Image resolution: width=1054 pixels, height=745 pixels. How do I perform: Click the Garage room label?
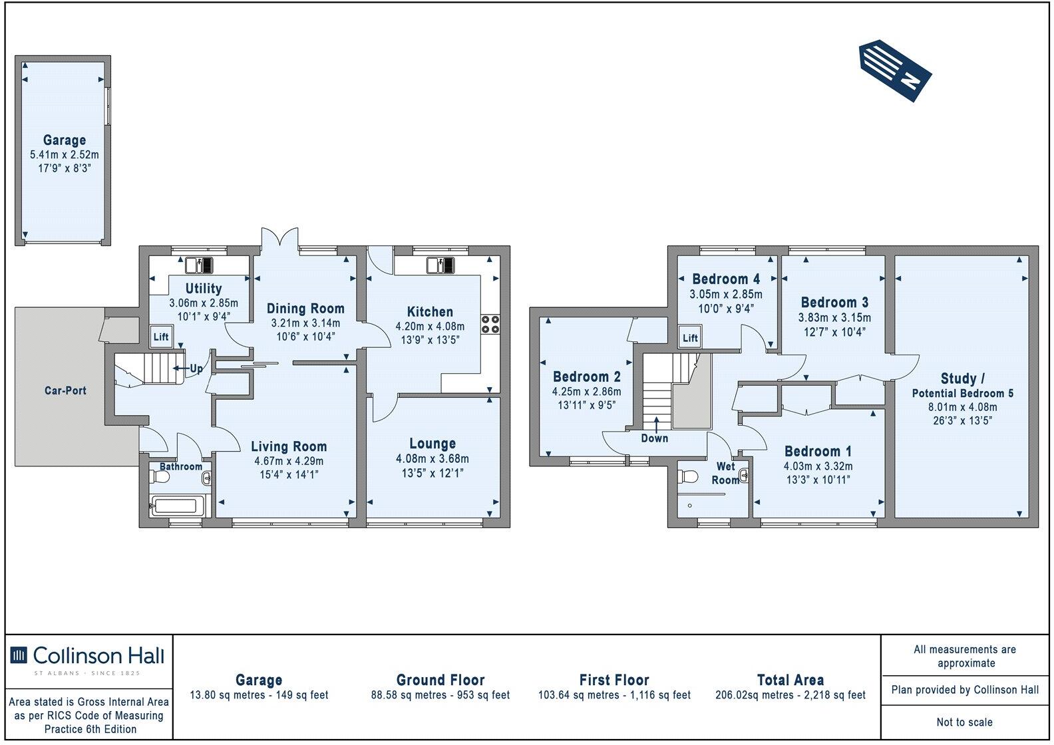click(65, 140)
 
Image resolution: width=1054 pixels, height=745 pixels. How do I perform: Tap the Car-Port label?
click(65, 390)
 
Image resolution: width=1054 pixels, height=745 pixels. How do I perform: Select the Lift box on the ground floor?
click(161, 337)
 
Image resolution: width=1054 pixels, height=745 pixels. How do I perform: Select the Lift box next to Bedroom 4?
click(690, 338)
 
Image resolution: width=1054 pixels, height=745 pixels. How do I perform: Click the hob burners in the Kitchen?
click(490, 324)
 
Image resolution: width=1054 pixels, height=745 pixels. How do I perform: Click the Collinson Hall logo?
click(87, 657)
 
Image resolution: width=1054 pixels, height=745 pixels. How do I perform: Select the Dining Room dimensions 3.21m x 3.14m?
click(305, 323)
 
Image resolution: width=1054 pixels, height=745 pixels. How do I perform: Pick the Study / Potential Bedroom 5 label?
click(963, 385)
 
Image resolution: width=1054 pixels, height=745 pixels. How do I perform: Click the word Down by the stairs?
click(654, 438)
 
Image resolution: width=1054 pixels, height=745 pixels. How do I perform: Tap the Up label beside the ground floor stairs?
click(197, 368)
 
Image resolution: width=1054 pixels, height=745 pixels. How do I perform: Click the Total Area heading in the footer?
click(790, 680)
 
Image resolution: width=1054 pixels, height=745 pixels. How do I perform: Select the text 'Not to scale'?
click(964, 722)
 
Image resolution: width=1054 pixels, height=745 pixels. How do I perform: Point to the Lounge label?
click(433, 444)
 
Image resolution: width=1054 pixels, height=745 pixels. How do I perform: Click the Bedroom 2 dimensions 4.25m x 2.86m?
click(586, 392)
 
